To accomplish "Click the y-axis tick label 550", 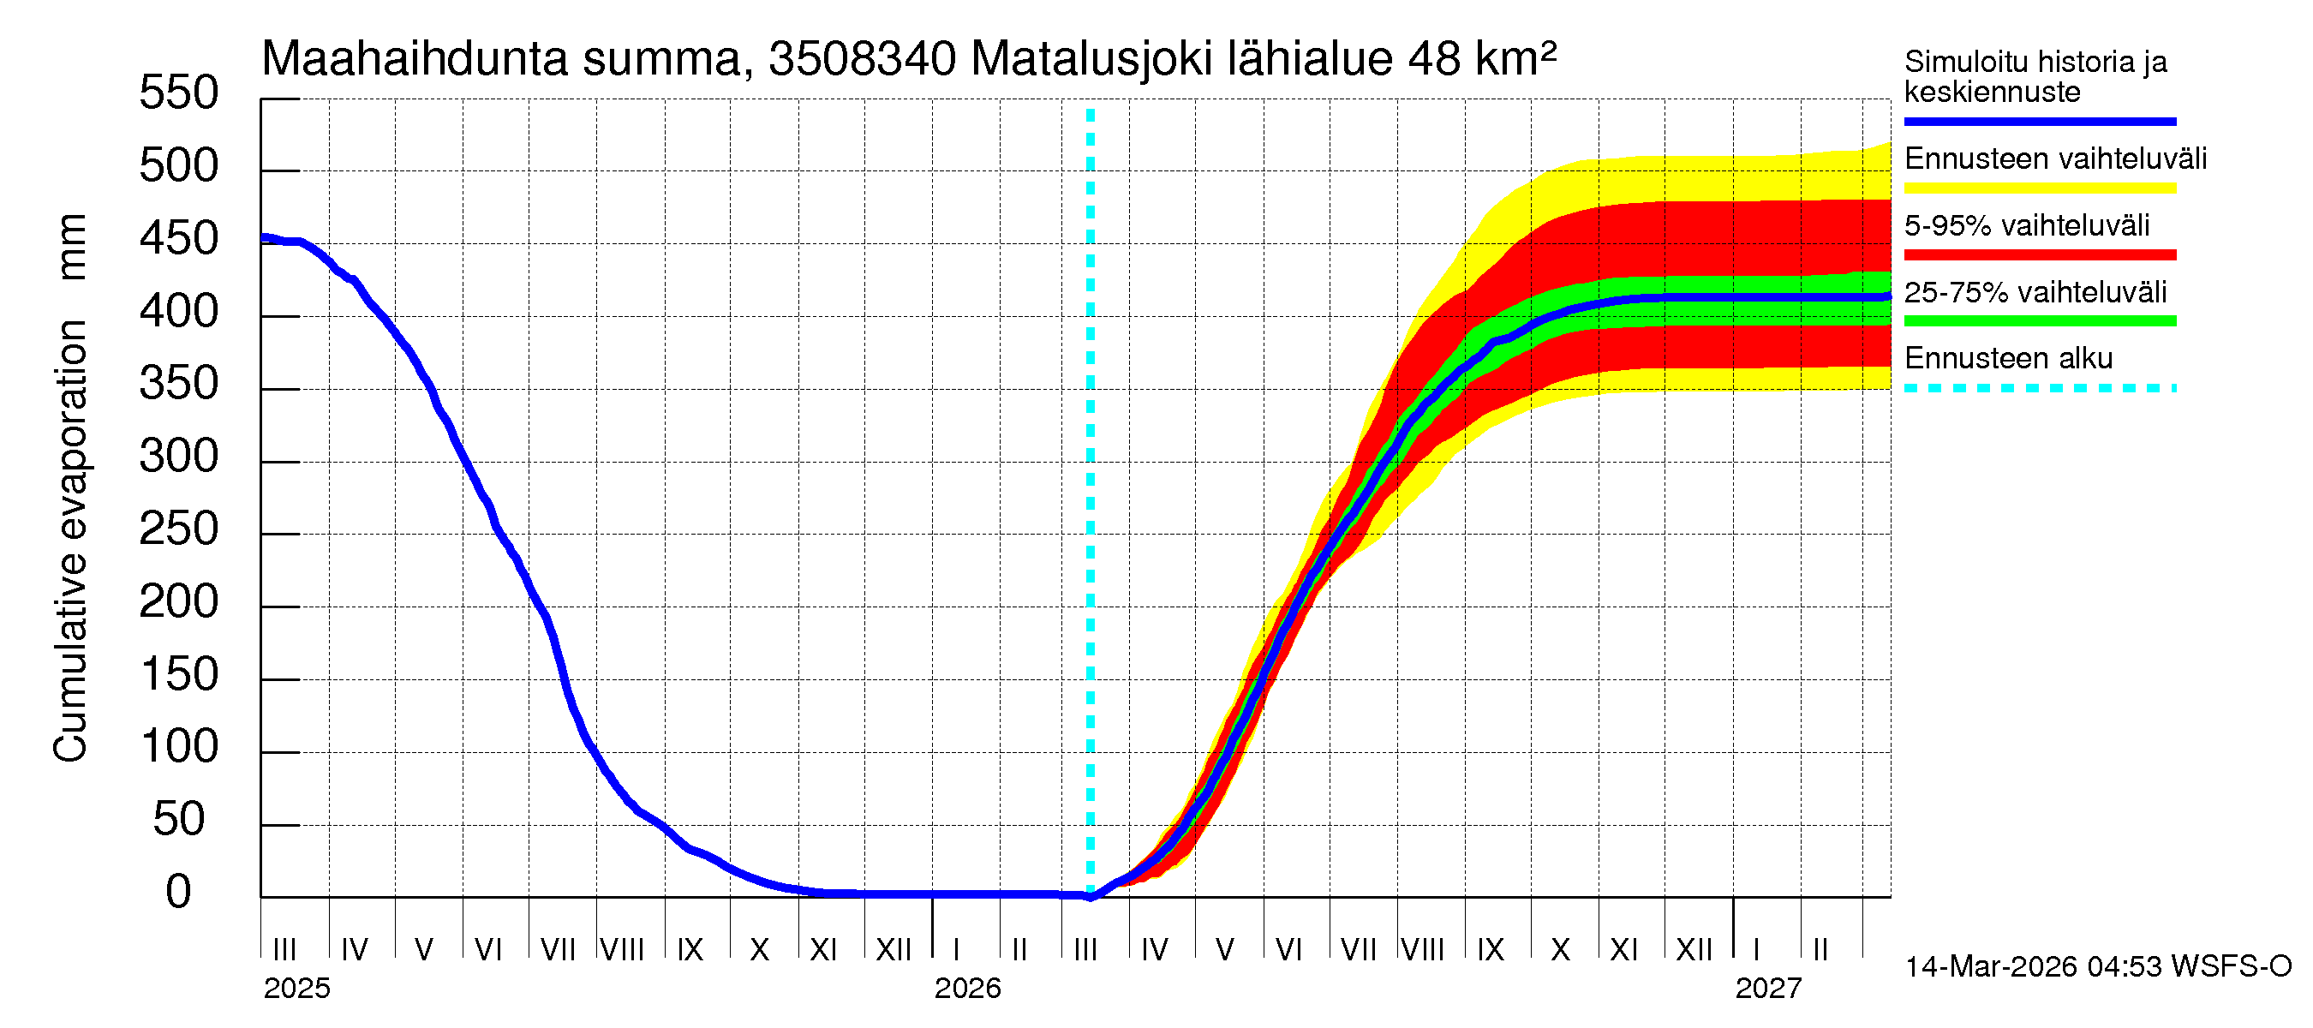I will tap(178, 93).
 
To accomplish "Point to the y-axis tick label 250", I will tap(178, 529).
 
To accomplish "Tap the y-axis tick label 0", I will tap(178, 893).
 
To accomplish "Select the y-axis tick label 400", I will tap(178, 312).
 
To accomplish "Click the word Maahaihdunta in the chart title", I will tap(414, 59).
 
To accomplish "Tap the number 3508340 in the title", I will tap(862, 59).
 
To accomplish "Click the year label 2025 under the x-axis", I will tap(296, 989).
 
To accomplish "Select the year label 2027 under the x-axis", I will tap(1767, 989).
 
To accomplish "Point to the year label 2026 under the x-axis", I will tap(967, 989).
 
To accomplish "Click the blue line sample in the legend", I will tap(2039, 121).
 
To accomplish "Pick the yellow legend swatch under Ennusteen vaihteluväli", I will tap(2039, 188).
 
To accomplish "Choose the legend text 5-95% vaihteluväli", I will tap(2026, 225).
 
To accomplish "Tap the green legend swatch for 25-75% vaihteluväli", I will tap(2039, 321).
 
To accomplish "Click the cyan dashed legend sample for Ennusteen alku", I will tap(2039, 389).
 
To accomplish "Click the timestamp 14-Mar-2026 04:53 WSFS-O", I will tap(2097, 967).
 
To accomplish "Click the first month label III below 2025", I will tap(284, 949).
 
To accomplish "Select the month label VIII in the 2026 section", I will tap(1422, 949).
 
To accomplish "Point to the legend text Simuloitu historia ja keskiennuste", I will tap(2035, 76).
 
